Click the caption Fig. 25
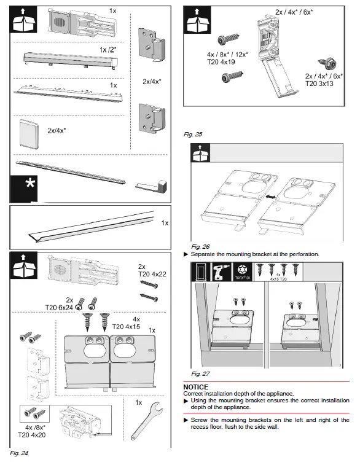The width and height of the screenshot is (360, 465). (193, 133)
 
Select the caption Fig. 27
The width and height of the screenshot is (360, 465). (200, 373)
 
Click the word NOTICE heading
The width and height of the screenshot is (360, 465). (196, 387)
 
